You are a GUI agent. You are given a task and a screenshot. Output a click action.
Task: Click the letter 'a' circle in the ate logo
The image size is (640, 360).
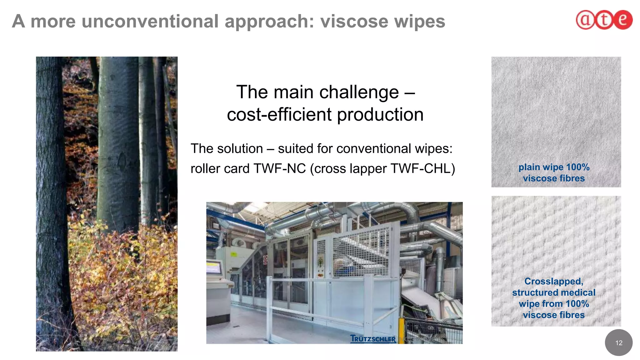click(x=585, y=20)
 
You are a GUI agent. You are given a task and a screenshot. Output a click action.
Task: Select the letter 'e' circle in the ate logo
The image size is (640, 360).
click(x=622, y=20)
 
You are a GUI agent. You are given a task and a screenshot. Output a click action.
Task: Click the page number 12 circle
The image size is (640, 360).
click(x=618, y=343)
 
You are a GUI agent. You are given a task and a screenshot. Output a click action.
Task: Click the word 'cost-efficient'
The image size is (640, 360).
click(x=279, y=114)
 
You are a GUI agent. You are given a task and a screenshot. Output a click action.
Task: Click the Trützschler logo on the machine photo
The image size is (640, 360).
click(x=373, y=339)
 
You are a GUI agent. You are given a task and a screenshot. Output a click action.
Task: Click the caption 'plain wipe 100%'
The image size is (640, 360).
click(x=554, y=167)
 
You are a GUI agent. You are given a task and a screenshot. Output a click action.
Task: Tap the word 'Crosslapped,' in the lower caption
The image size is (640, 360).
click(x=554, y=281)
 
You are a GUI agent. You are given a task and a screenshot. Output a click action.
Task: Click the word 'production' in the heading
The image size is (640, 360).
click(x=380, y=114)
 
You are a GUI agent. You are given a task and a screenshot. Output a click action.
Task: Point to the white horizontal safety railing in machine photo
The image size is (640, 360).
click(x=319, y=279)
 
